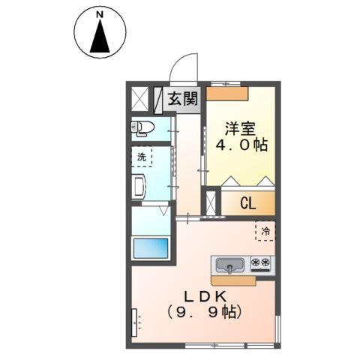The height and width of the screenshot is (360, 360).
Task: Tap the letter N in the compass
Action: [99, 14]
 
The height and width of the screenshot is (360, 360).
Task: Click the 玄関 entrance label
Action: [181, 97]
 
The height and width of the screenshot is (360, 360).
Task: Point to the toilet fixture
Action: [142, 128]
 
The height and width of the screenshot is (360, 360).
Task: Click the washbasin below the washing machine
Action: [139, 186]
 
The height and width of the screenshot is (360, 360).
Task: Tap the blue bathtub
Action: [150, 247]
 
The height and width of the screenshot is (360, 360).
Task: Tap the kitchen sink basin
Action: [230, 265]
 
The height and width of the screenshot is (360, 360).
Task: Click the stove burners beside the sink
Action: [261, 264]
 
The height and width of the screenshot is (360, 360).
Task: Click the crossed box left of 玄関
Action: [141, 97]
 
